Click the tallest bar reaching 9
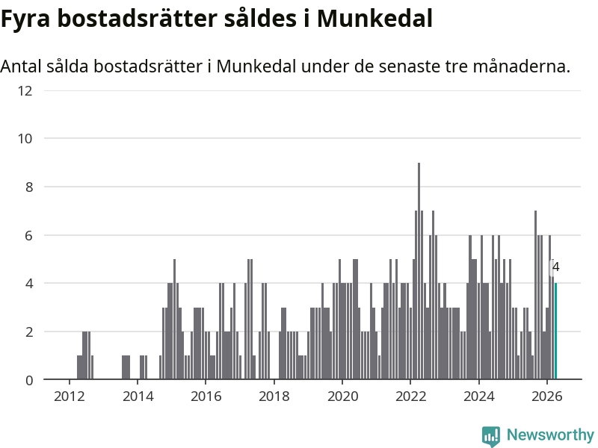pyautogui.click(x=419, y=271)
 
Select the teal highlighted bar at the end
pyautogui.click(x=555, y=331)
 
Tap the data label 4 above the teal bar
pyautogui.click(x=555, y=267)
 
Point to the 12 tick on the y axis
pyautogui.click(x=25, y=90)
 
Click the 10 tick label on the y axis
pyautogui.click(x=25, y=139)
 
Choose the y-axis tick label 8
pyautogui.click(x=29, y=187)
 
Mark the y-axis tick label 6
pyautogui.click(x=29, y=235)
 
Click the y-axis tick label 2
pyautogui.click(x=29, y=332)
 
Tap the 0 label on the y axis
pyautogui.click(x=29, y=380)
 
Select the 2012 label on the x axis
pyautogui.click(x=70, y=396)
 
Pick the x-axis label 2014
pyautogui.click(x=138, y=396)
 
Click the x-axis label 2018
pyautogui.click(x=274, y=396)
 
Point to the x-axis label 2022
pyautogui.click(x=410, y=396)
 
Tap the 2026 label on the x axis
pyautogui.click(x=547, y=396)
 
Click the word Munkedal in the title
pyautogui.click(x=375, y=18)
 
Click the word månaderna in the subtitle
pyautogui.click(x=522, y=66)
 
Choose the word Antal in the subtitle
pyautogui.click(x=21, y=66)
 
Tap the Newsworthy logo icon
pyautogui.click(x=491, y=436)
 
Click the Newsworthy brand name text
pyautogui.click(x=550, y=435)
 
